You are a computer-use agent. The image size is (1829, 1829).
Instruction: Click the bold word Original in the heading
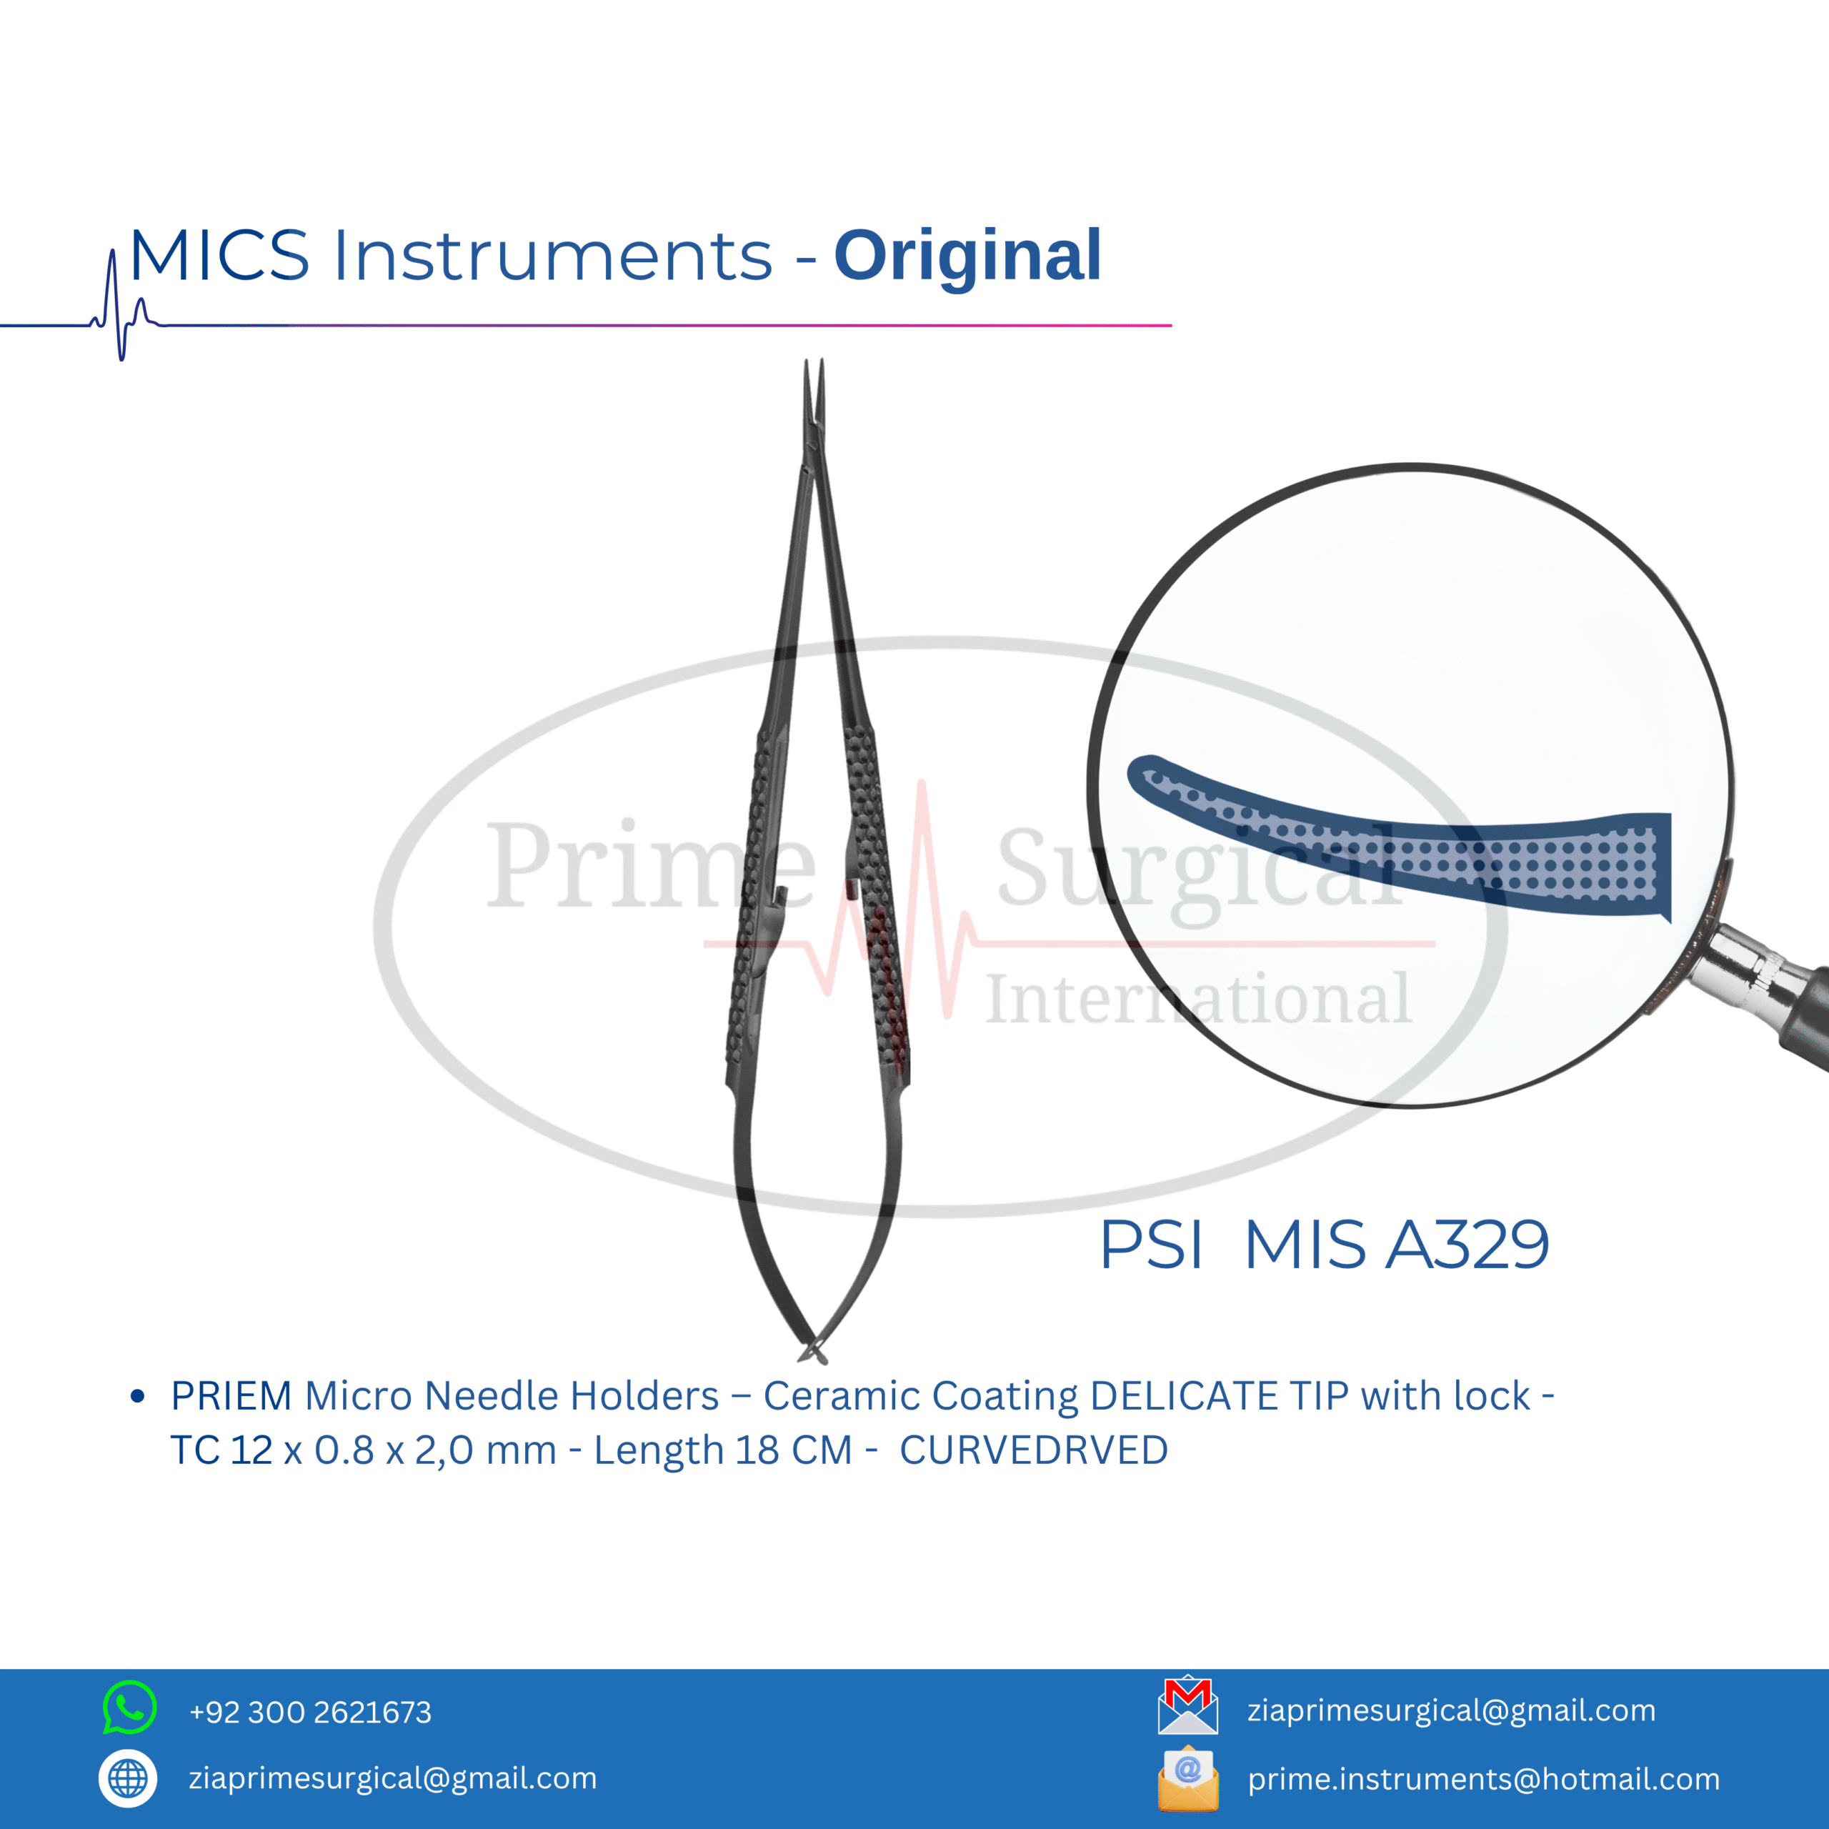point(967,257)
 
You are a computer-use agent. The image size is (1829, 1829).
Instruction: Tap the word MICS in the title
point(219,256)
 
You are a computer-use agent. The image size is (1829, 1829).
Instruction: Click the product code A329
point(1467,1244)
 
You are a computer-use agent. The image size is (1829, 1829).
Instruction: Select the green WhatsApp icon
point(129,1707)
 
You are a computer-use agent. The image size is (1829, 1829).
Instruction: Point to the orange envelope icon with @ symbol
point(1188,1779)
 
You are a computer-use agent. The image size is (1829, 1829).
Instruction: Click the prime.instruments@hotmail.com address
point(1483,1779)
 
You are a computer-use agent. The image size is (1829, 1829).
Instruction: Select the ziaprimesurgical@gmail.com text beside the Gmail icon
point(1451,1710)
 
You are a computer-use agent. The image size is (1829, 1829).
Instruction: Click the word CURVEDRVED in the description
point(1034,1450)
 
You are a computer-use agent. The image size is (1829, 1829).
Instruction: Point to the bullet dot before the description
point(137,1396)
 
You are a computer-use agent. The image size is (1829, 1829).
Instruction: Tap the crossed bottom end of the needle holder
point(813,1354)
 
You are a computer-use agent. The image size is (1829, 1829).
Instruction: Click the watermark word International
point(1199,999)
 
